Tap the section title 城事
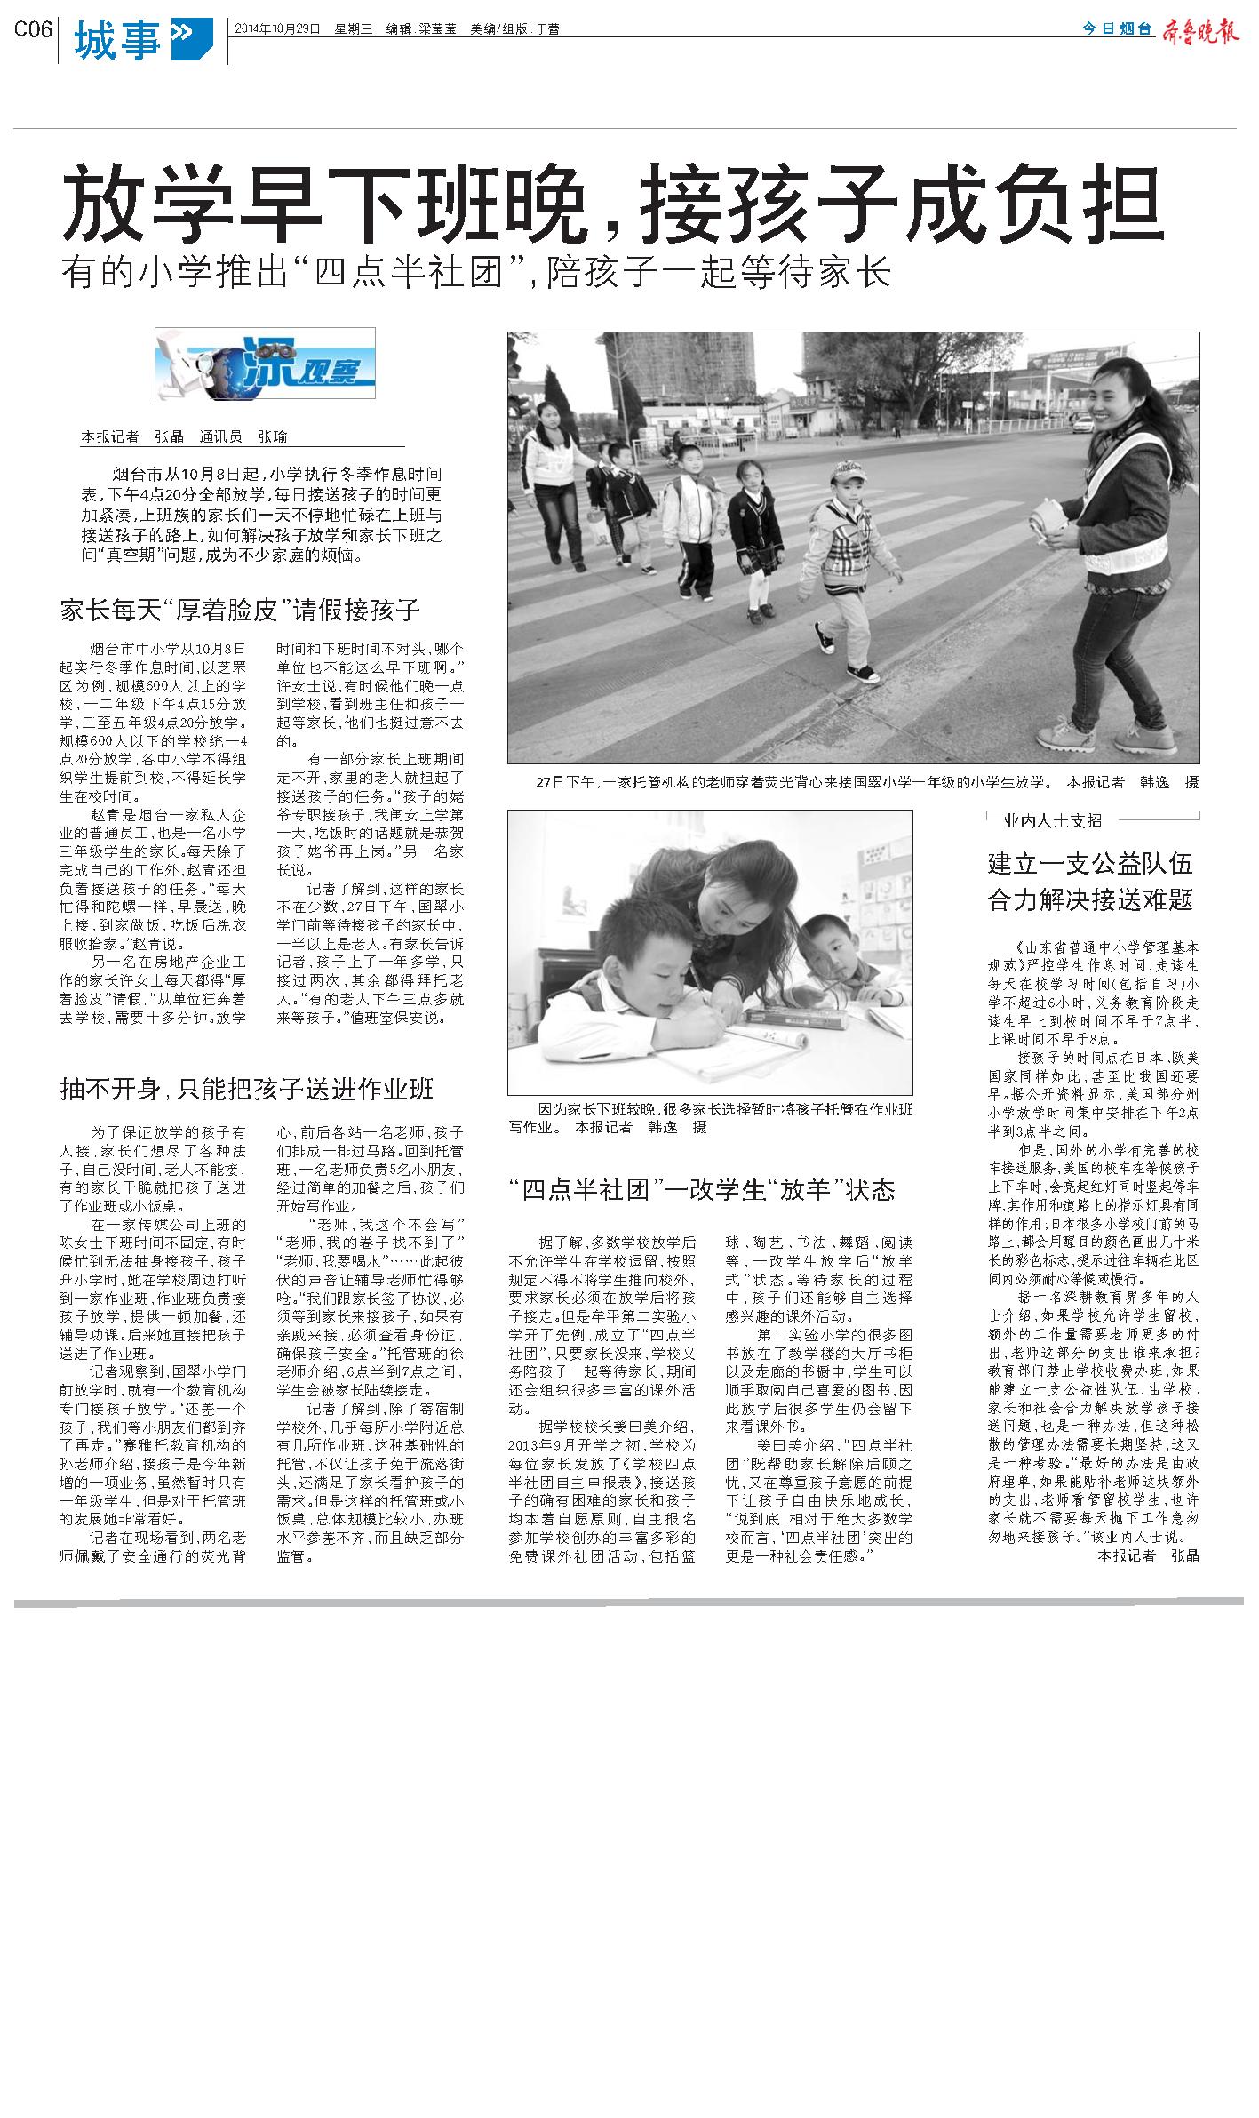click(x=117, y=41)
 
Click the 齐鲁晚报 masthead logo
click(x=1199, y=31)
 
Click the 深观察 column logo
click(x=265, y=364)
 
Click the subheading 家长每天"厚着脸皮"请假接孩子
click(x=239, y=611)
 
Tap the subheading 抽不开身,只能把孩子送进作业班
click(x=246, y=1089)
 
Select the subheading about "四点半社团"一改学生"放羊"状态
click(x=701, y=1190)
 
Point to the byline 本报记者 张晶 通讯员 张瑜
click(x=184, y=436)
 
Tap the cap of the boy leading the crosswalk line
click(x=849, y=470)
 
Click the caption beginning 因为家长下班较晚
click(x=711, y=1118)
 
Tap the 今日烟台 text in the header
click(x=1117, y=29)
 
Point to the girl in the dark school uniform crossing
click(x=754, y=540)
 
